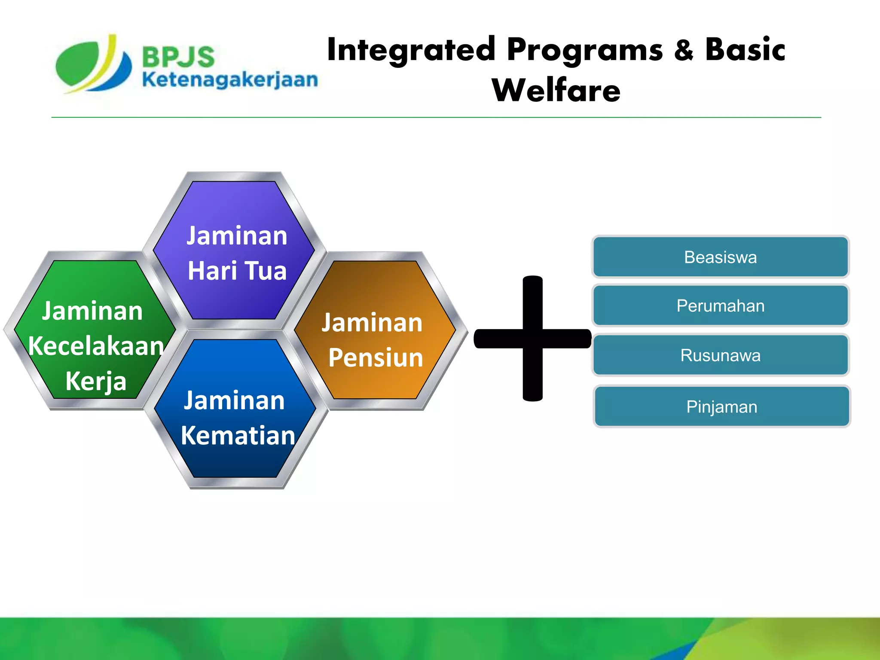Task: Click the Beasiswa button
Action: [x=720, y=257]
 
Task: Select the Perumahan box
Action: [x=720, y=306]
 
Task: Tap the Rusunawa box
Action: [x=720, y=355]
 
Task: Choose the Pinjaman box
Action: [x=721, y=406]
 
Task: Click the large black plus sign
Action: [x=533, y=338]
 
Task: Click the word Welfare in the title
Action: [x=556, y=91]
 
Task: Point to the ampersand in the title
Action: [x=684, y=50]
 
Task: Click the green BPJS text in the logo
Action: [x=178, y=57]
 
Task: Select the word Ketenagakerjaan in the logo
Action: [x=230, y=80]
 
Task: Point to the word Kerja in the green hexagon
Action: [x=96, y=382]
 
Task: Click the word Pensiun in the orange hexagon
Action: [x=376, y=357]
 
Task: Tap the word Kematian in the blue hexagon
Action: [x=238, y=435]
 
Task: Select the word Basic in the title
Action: [x=745, y=50]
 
